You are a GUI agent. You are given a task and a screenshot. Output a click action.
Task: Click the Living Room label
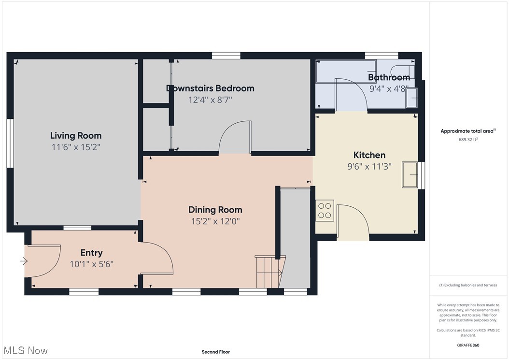[x=76, y=136]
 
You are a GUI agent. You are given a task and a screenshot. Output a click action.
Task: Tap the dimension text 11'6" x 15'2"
[x=76, y=147]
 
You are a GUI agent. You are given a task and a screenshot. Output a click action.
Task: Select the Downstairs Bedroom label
[x=210, y=88]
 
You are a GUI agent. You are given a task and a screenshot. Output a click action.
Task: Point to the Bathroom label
[x=389, y=77]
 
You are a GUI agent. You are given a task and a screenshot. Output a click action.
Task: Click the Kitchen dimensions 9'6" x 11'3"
[x=369, y=166]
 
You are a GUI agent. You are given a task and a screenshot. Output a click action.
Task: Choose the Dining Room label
[x=215, y=210]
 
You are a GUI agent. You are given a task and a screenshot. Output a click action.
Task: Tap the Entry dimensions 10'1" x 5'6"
[x=91, y=264]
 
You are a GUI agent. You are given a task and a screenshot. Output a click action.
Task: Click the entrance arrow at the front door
[x=24, y=261]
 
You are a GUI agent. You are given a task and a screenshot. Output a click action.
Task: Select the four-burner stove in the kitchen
[x=325, y=210]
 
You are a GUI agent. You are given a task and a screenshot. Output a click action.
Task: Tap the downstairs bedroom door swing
[x=235, y=138]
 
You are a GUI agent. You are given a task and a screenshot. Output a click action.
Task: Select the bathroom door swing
[x=351, y=95]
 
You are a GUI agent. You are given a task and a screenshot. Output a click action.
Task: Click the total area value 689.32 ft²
[x=467, y=140]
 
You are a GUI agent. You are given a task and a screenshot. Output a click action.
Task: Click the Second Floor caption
[x=215, y=352]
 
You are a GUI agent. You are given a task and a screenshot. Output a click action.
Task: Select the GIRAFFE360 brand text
[x=468, y=345]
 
